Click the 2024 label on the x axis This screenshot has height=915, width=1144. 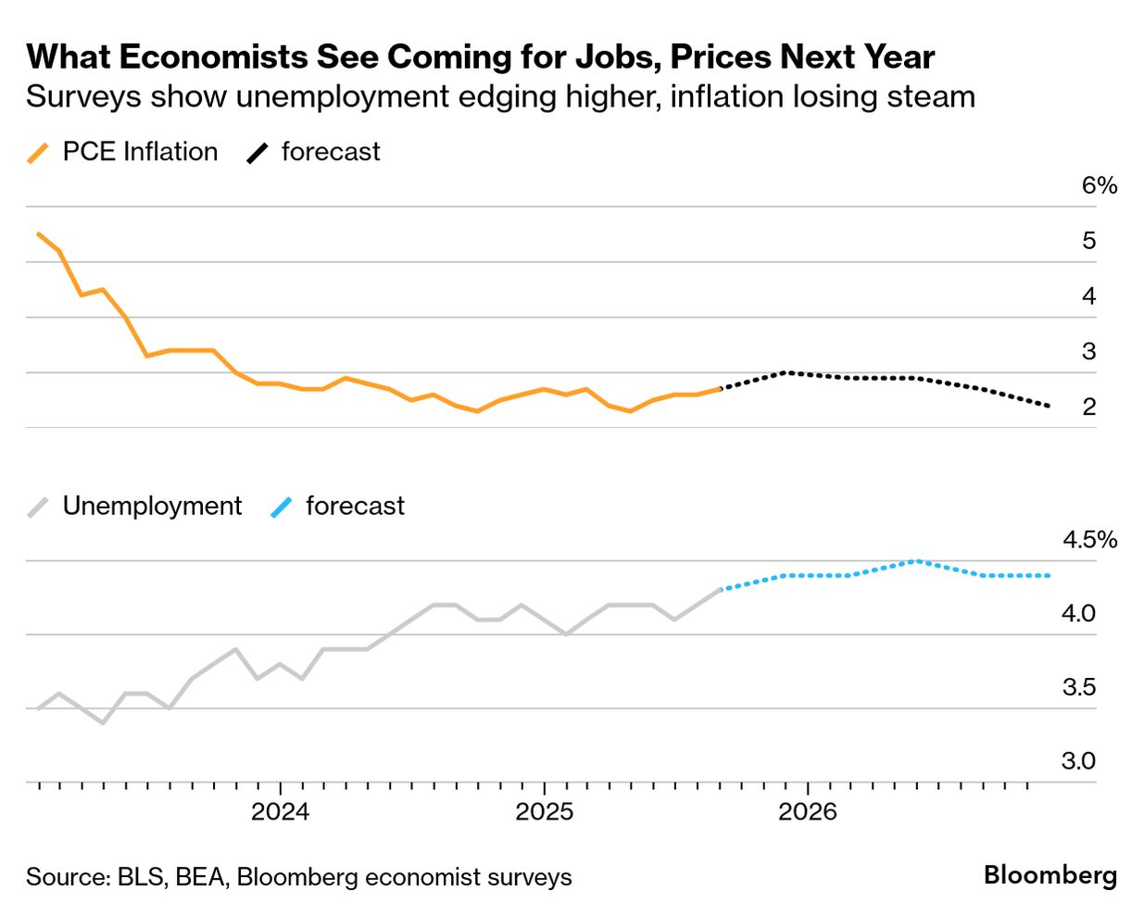[x=280, y=812]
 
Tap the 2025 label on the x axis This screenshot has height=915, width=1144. [x=544, y=812]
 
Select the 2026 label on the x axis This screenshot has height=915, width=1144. [x=808, y=812]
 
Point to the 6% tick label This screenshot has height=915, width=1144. [x=1100, y=186]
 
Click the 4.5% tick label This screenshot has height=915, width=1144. [x=1089, y=540]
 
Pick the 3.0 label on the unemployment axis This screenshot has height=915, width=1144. [x=1078, y=761]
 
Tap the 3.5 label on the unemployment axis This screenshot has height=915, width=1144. [x=1078, y=687]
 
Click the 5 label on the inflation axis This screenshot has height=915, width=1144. [x=1089, y=241]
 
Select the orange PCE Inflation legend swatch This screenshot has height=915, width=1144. [x=38, y=153]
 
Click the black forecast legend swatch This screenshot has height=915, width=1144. [x=257, y=153]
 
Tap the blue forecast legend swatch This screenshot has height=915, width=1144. [x=281, y=507]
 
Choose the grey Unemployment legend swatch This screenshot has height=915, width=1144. [x=38, y=507]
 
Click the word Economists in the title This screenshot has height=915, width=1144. [x=212, y=57]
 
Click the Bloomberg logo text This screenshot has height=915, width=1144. [x=1050, y=875]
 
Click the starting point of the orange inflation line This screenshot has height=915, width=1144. [x=38, y=233]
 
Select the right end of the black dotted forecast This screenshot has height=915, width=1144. [x=1049, y=406]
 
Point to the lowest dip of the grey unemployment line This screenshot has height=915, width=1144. [x=103, y=722]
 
